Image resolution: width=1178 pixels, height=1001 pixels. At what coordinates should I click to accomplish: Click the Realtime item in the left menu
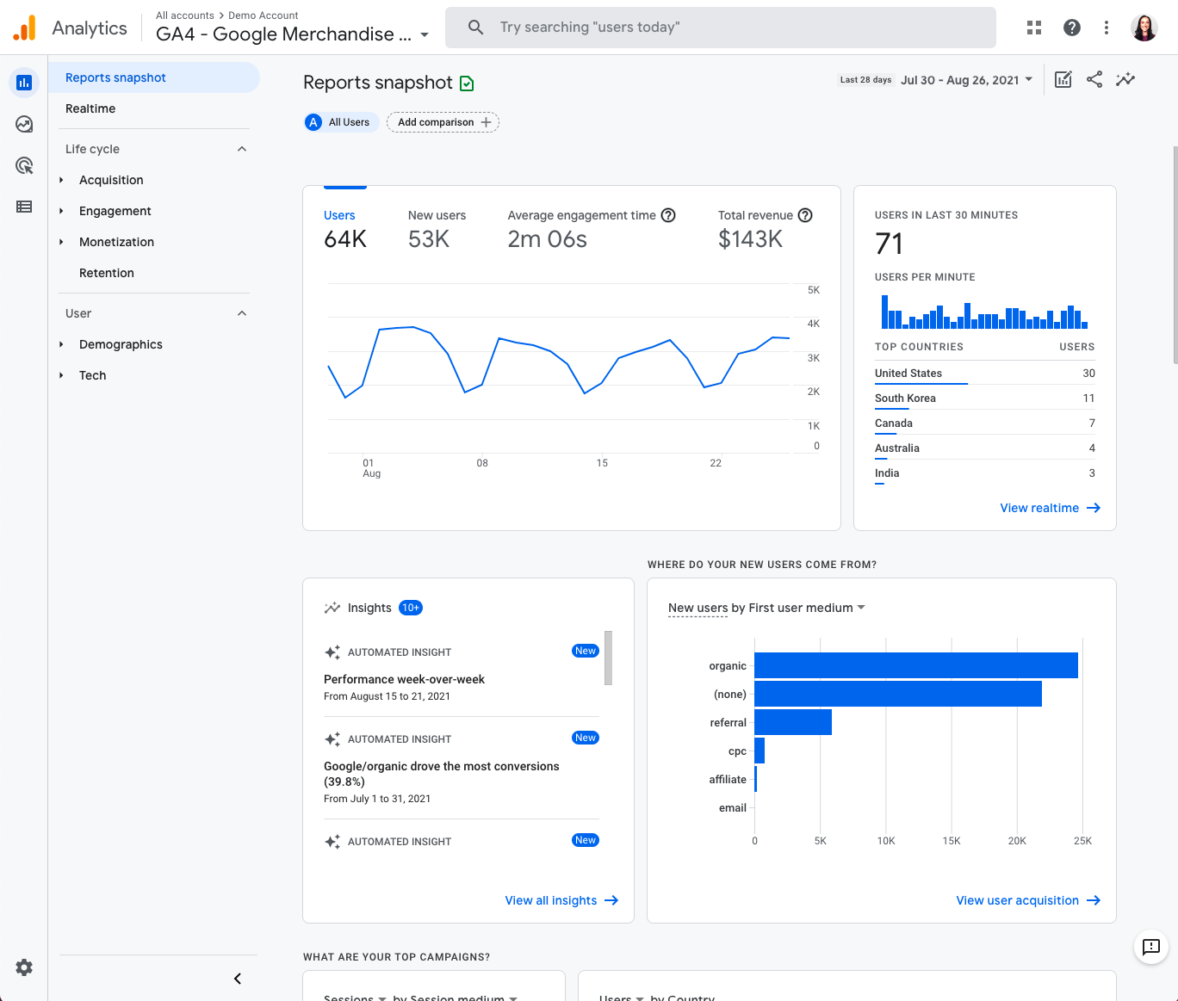pos(90,108)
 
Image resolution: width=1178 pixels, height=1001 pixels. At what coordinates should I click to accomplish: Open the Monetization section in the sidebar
pos(116,242)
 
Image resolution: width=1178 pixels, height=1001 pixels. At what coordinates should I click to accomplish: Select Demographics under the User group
pos(121,344)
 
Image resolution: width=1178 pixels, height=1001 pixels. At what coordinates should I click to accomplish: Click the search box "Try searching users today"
pos(720,28)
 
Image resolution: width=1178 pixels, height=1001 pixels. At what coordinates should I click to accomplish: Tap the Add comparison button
pos(443,122)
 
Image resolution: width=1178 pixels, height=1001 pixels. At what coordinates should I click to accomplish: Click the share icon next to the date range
pos(1094,80)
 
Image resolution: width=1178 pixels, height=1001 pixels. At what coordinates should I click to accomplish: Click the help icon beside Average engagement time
pos(668,215)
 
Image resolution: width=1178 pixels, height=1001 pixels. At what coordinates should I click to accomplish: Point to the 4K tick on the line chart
pos(813,324)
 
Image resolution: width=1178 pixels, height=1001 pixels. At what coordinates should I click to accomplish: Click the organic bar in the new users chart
pos(915,665)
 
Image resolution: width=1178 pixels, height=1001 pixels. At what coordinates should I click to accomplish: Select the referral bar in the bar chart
pos(792,722)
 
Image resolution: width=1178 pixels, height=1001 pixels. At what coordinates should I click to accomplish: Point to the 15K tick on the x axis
pos(951,841)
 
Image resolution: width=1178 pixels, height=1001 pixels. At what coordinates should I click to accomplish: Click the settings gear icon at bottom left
pos(24,967)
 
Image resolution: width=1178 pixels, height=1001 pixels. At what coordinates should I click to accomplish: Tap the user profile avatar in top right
pos(1144,28)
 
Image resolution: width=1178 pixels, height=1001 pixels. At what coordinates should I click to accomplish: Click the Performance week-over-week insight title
pos(404,679)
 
